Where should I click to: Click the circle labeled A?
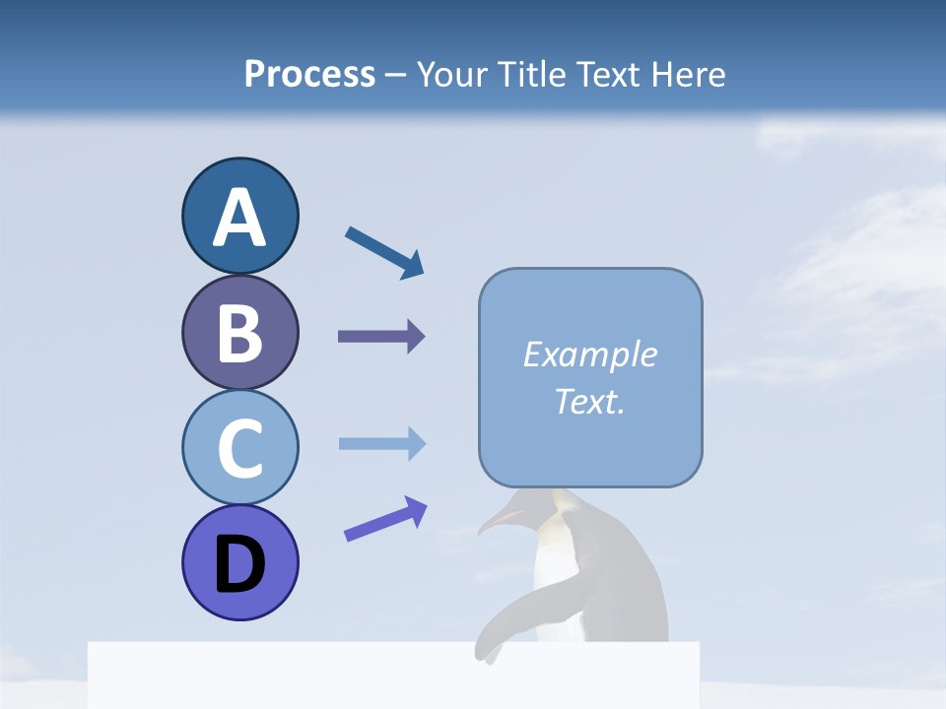[x=239, y=216]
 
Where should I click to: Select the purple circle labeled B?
[x=239, y=332]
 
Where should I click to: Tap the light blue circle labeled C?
[x=239, y=447]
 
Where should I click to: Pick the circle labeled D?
[x=239, y=562]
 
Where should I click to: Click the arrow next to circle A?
[x=383, y=252]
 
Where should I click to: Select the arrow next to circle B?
[x=380, y=337]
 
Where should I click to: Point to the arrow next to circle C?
[x=381, y=443]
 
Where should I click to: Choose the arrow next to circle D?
[x=384, y=519]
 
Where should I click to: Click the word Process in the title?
[x=309, y=74]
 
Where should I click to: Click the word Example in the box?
[x=589, y=354]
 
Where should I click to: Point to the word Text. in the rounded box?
[x=589, y=401]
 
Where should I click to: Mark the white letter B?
[x=239, y=332]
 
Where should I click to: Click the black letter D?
[x=239, y=563]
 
